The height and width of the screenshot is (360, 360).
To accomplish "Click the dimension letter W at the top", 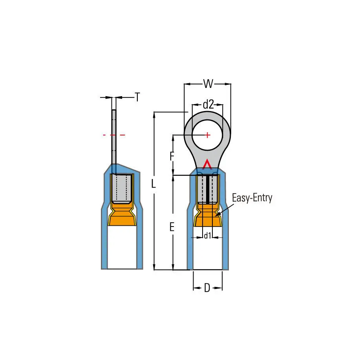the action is (208, 84).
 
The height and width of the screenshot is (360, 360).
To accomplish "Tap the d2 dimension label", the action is (208, 104).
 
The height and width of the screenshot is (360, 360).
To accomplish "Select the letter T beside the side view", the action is (137, 97).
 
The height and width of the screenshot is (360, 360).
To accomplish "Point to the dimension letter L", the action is (154, 184).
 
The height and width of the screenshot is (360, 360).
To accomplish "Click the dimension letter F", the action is (172, 156).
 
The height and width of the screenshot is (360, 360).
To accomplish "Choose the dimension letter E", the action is (172, 227).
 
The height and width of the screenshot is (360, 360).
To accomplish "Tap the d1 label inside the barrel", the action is (208, 236).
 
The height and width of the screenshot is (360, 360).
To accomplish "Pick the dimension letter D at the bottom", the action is (207, 288).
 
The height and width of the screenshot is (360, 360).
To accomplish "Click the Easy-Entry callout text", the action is (252, 198).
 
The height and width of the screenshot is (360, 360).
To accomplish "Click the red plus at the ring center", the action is (207, 135).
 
